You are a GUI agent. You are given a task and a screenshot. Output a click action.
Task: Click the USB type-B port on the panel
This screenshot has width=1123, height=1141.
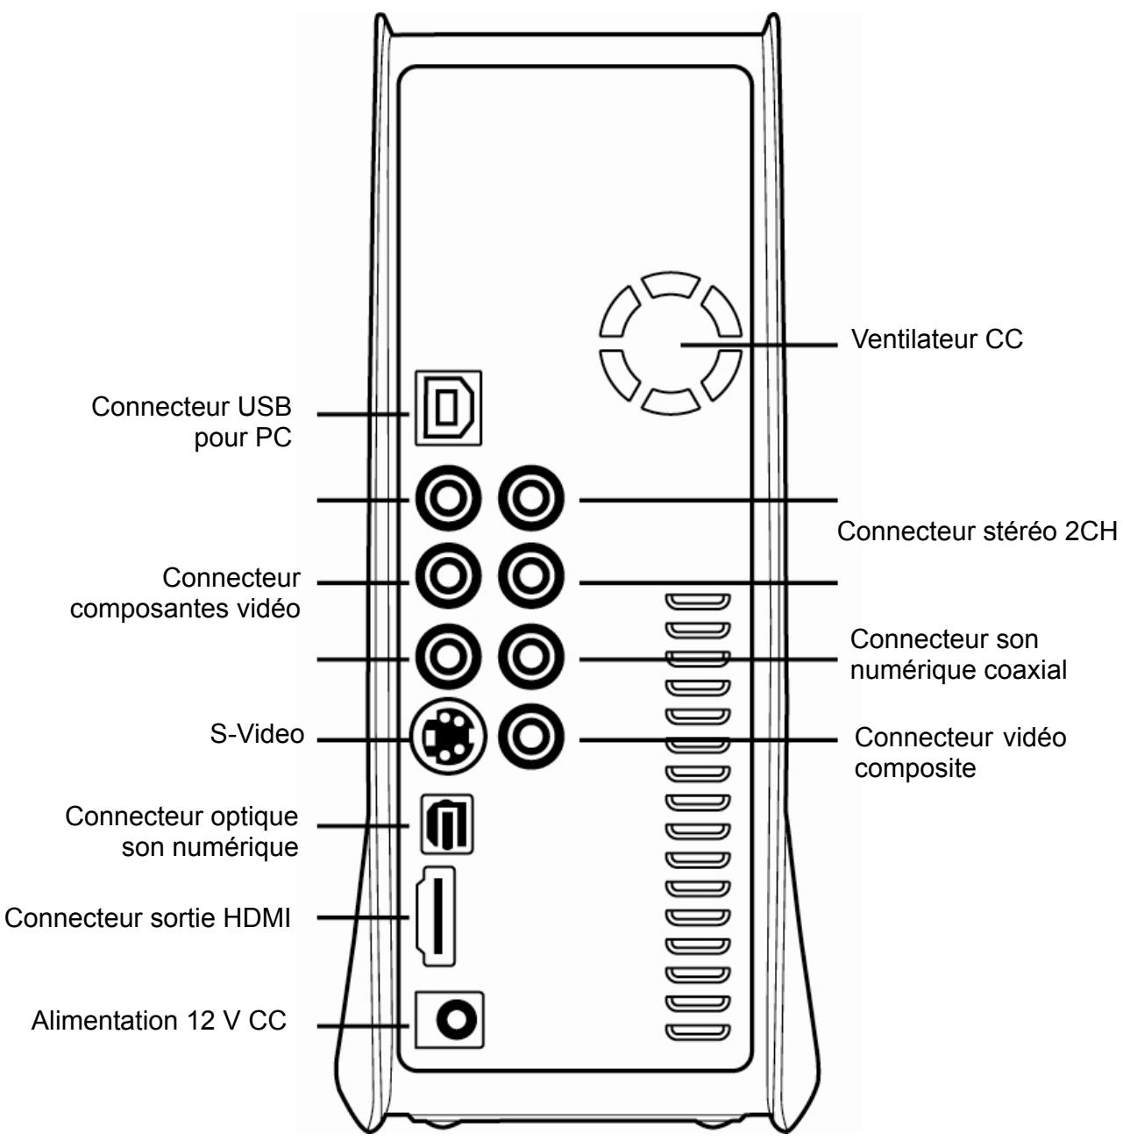pos(448,408)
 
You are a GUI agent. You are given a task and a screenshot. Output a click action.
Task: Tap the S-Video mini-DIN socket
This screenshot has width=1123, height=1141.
pos(448,738)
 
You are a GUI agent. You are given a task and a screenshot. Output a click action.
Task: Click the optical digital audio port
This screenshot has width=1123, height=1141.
pos(447,824)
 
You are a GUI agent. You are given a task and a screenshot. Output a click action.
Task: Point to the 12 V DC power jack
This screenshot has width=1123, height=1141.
pos(450,1020)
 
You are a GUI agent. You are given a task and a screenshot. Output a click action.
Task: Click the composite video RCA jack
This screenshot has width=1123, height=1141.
pos(531,738)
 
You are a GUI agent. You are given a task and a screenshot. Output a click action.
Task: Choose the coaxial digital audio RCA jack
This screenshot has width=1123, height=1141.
pos(531,657)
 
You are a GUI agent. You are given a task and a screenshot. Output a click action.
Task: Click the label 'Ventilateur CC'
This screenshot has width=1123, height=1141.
pos(936,339)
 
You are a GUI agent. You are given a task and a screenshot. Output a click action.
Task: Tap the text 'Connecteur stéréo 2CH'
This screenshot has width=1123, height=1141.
pos(977,531)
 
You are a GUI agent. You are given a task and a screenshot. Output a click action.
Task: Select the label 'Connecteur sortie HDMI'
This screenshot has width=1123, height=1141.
pos(147,918)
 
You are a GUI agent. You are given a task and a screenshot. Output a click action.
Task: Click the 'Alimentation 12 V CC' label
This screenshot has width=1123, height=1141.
pos(159,1020)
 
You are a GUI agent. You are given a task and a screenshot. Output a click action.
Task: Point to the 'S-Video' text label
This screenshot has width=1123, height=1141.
pos(257,734)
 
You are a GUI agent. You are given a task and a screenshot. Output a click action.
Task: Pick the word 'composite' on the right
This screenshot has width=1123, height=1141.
pos(915,769)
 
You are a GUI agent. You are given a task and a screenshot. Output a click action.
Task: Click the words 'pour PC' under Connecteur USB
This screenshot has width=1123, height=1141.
pos(244,439)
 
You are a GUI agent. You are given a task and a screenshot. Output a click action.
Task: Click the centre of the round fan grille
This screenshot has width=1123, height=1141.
pos(670,344)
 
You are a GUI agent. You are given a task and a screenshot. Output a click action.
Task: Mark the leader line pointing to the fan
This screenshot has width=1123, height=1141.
pos(759,345)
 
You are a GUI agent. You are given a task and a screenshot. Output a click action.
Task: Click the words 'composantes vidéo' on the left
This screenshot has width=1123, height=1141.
pos(185,610)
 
